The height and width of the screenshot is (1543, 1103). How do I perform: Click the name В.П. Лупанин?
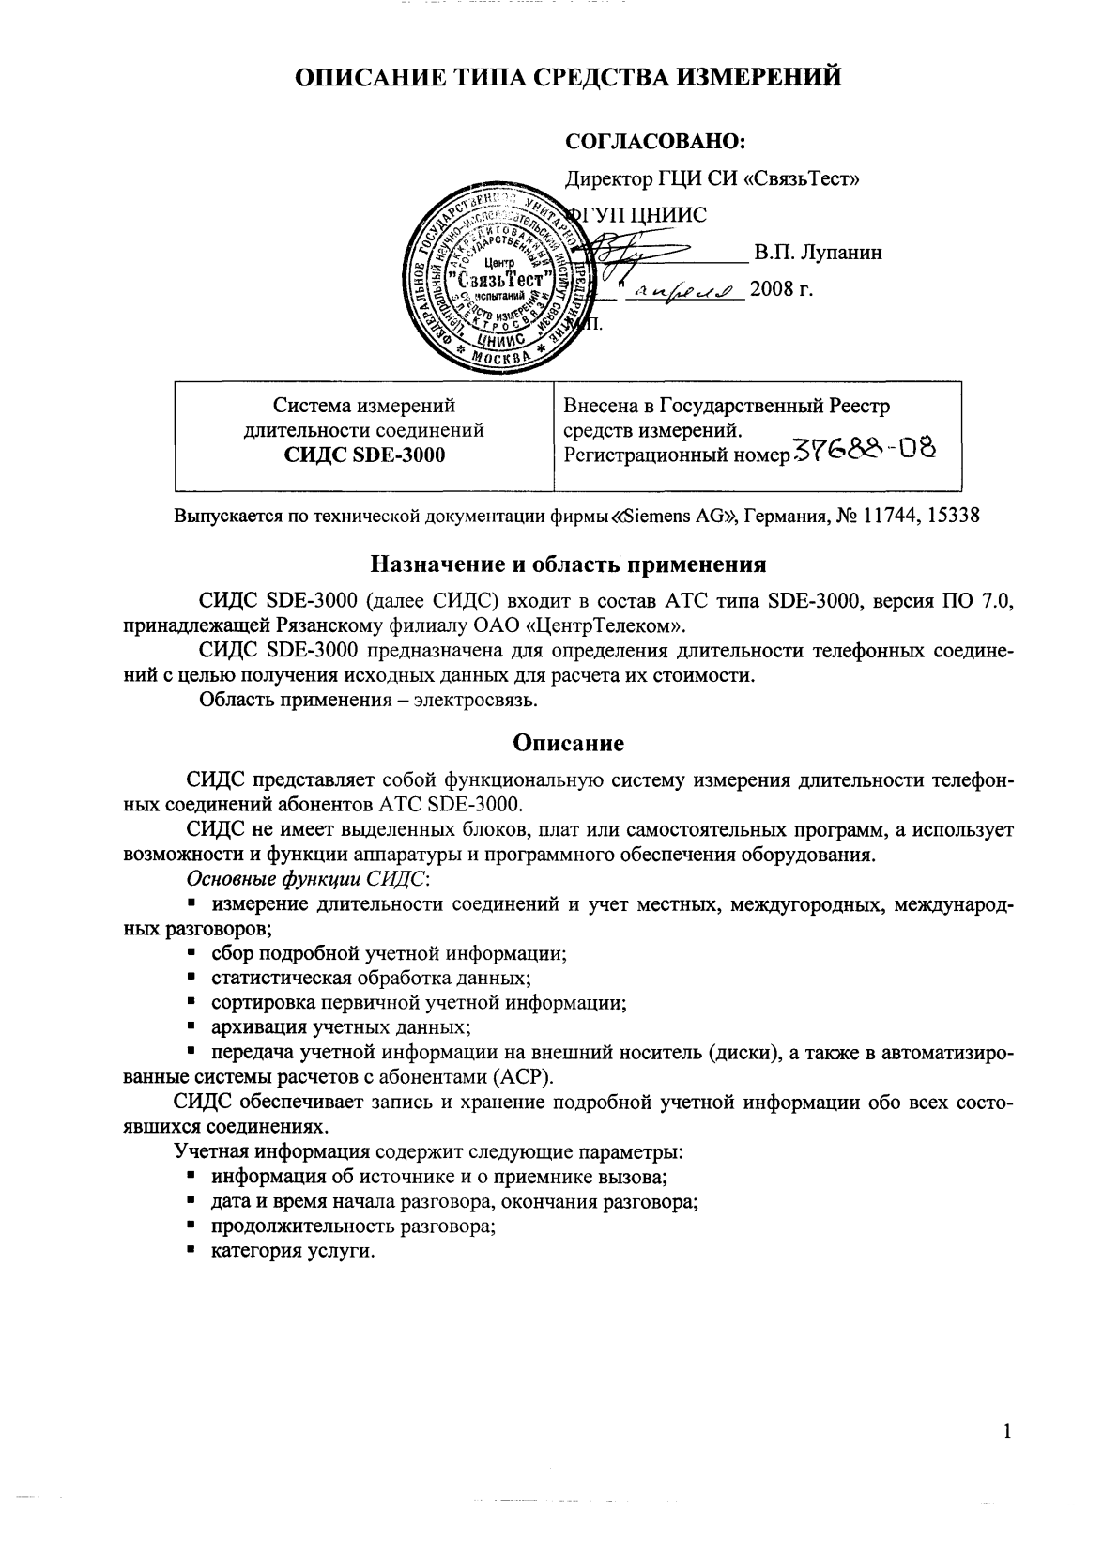click(818, 253)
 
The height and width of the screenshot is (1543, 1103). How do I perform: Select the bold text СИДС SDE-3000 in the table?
click(364, 455)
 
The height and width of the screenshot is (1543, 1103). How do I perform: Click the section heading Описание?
click(568, 744)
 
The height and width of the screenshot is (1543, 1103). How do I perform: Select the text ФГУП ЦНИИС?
click(640, 215)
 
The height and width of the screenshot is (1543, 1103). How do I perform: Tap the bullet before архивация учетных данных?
click(191, 1026)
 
